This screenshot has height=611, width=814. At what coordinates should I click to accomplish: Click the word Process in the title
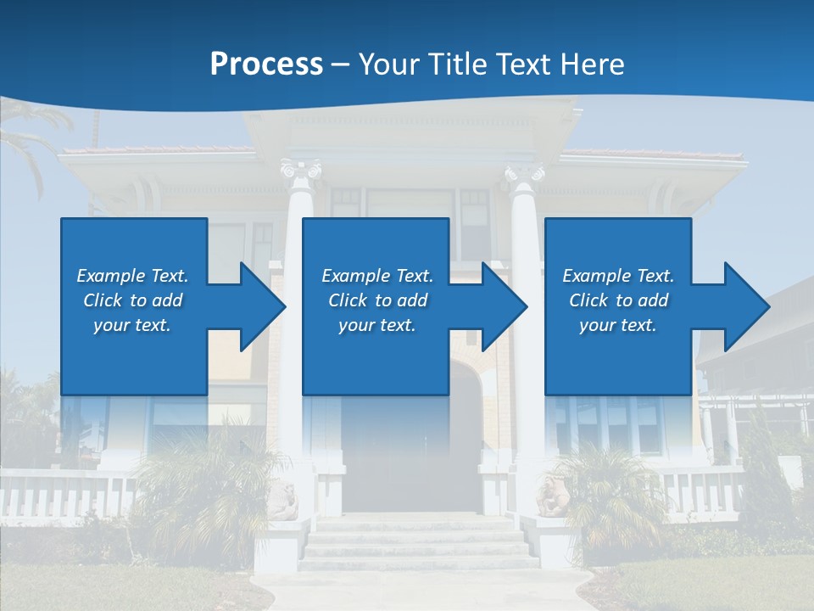pyautogui.click(x=266, y=64)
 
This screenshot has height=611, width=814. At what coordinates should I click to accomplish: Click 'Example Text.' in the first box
pyautogui.click(x=132, y=276)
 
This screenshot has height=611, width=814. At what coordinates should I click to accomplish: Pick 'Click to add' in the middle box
pyautogui.click(x=377, y=300)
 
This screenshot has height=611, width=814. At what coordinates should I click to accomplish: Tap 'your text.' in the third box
pyautogui.click(x=618, y=325)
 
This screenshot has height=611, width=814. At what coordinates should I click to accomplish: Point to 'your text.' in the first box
pyautogui.click(x=132, y=325)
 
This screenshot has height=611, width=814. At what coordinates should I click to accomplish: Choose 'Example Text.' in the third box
pyautogui.click(x=618, y=276)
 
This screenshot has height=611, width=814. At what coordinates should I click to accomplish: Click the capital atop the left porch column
pyautogui.click(x=301, y=172)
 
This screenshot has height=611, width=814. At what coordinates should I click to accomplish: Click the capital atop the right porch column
pyautogui.click(x=525, y=176)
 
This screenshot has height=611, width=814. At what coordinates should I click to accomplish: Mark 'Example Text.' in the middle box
pyautogui.click(x=377, y=276)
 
